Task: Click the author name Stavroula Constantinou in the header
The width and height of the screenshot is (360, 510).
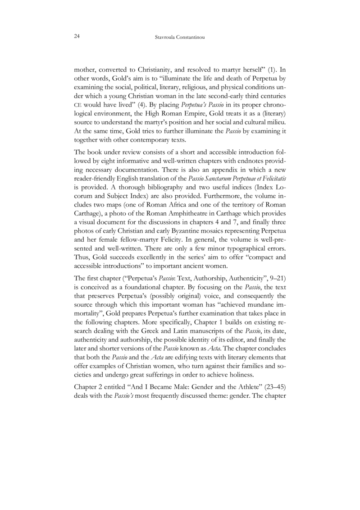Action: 180,37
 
